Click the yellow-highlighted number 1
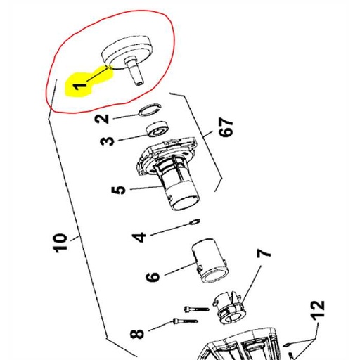(81, 87)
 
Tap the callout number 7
(264, 253)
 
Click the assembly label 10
(60, 243)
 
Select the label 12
(318, 310)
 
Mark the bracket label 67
(226, 127)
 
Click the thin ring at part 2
(150, 109)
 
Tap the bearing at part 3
(157, 129)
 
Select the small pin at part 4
(195, 221)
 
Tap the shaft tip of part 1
(139, 83)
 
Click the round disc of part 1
(127, 52)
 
